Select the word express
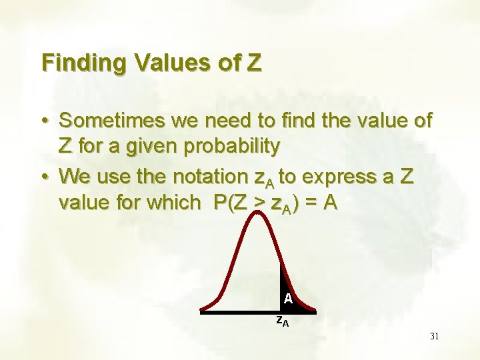coord(343,177)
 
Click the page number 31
coord(434,336)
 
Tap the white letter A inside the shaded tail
coord(287,299)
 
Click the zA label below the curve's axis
coord(283,321)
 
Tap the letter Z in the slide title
coord(254,63)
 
